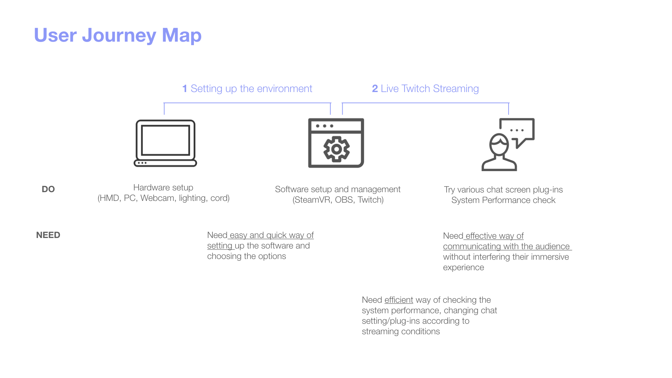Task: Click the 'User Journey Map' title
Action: point(118,35)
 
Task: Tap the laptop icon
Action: point(165,143)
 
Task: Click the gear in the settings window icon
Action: point(336,149)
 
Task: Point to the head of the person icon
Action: point(499,145)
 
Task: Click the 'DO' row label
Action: point(48,189)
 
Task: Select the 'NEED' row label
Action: point(48,235)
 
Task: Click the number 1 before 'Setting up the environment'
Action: point(184,89)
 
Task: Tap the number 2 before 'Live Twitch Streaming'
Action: point(375,89)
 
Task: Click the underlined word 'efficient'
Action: point(399,300)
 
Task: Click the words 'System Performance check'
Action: point(503,200)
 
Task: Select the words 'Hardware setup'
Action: point(163,188)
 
